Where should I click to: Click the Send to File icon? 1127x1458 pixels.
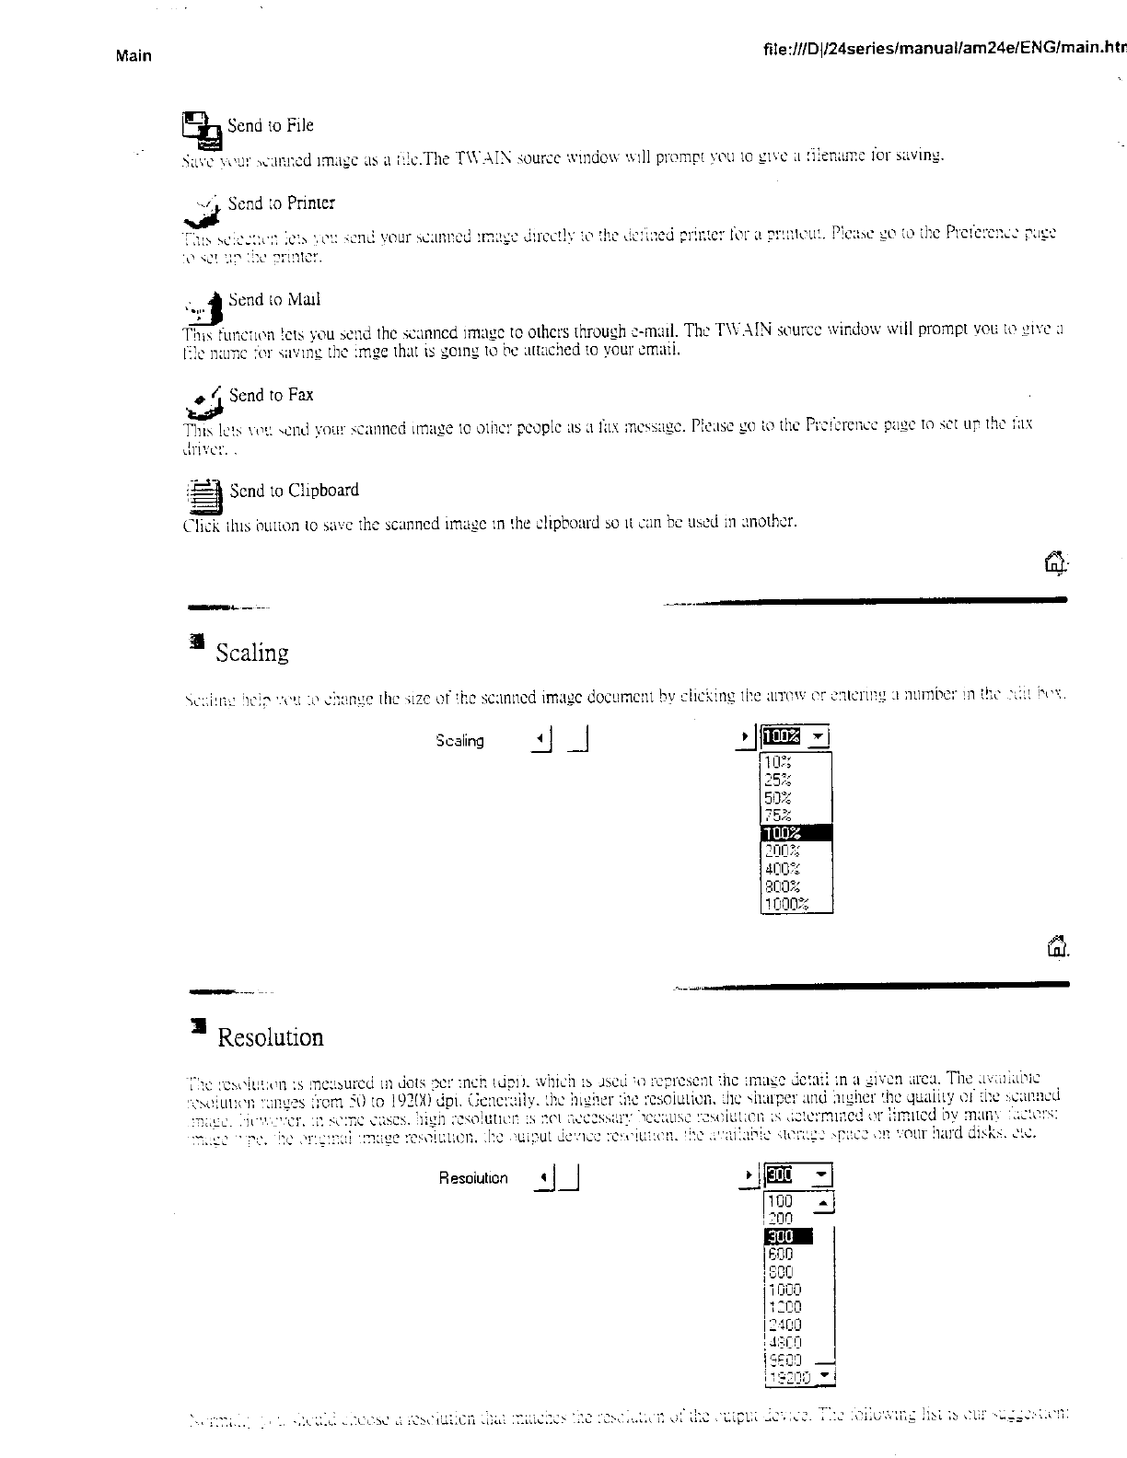click(x=202, y=130)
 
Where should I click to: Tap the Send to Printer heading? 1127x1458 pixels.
click(x=281, y=202)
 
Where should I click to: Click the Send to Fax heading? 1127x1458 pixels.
click(x=271, y=395)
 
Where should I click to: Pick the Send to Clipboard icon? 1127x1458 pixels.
click(x=204, y=494)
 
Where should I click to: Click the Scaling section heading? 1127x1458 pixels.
click(x=252, y=653)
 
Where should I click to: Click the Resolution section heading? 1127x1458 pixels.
click(x=270, y=1037)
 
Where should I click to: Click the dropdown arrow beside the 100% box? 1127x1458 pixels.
click(x=820, y=736)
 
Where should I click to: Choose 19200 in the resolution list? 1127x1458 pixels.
click(x=789, y=1378)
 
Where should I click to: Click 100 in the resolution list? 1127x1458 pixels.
click(x=780, y=1201)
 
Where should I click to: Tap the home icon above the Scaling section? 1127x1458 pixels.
click(x=1056, y=561)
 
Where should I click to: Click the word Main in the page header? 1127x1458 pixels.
click(x=134, y=55)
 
